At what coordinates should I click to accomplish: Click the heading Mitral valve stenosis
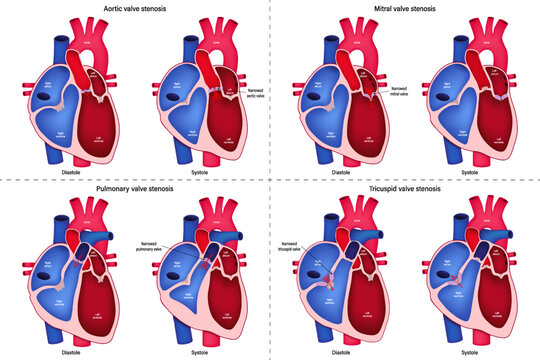click(406, 9)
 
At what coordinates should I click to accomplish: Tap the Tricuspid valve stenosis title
click(406, 187)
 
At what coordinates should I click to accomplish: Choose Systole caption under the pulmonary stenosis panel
click(198, 351)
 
